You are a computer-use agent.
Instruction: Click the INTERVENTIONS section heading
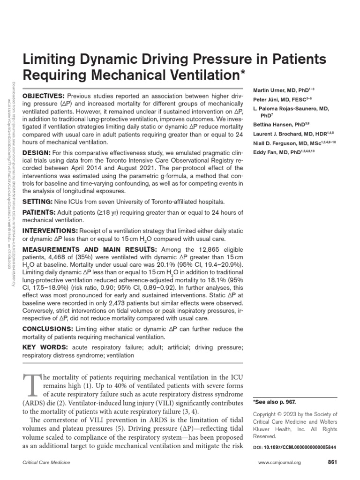point(50,231)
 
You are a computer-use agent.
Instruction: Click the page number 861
point(332,462)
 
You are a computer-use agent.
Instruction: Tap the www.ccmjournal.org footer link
point(280,463)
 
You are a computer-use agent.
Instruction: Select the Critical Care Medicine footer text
point(47,463)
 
